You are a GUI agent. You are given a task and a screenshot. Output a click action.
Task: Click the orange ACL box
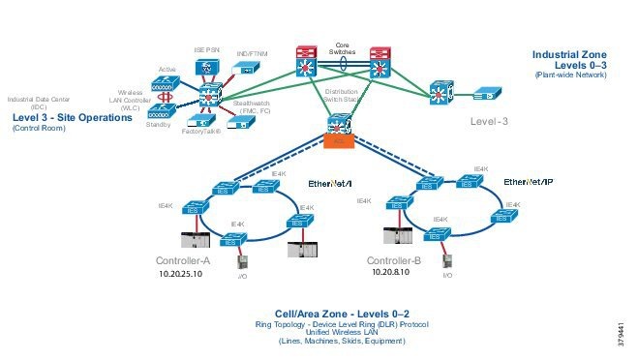338,140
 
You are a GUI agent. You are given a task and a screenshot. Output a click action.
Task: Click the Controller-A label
183,261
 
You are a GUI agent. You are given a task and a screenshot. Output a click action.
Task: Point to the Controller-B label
395,261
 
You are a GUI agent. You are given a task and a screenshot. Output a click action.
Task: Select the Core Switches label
342,48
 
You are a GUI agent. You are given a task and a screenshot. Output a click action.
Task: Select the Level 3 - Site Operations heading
72,117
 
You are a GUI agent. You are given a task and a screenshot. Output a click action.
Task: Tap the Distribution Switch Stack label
341,95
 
